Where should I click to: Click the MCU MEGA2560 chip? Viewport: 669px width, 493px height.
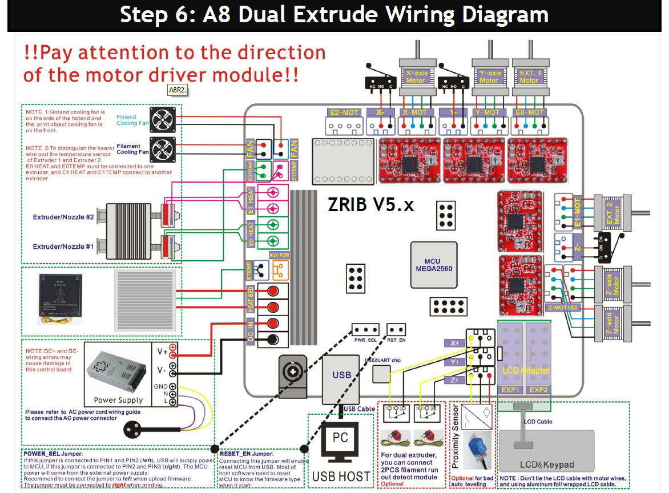[x=434, y=265]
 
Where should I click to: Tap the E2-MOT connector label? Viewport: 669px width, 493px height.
[x=344, y=112]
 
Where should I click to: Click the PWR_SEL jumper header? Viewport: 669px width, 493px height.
[x=365, y=330]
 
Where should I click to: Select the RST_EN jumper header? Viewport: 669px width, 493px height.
[x=396, y=330]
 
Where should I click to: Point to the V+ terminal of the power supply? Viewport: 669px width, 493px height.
[x=172, y=347]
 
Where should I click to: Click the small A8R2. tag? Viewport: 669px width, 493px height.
[x=178, y=90]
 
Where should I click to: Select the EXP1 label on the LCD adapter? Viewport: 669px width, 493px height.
[x=510, y=390]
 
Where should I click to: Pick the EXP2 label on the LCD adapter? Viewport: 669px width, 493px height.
[x=538, y=390]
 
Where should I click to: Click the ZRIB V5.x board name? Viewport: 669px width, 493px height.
[x=370, y=204]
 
